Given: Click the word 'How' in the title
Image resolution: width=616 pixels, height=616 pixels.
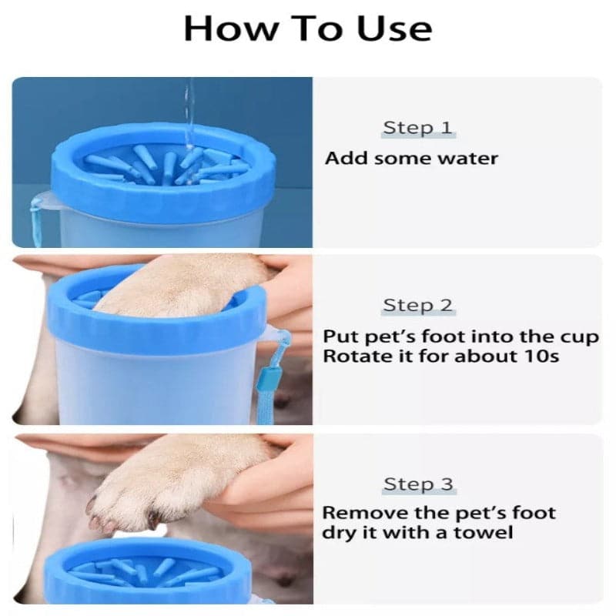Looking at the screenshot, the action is pos(230,28).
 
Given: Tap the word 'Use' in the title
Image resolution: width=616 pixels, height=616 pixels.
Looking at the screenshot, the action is pos(394,28).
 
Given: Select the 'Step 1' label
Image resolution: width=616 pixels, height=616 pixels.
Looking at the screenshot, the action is pos(417,128).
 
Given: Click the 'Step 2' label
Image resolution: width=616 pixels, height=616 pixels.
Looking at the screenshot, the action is pos(417,305).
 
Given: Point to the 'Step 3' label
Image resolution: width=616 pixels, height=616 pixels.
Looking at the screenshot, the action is pos(418,484).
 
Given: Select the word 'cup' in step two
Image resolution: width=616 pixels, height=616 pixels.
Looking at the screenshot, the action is pos(580,338).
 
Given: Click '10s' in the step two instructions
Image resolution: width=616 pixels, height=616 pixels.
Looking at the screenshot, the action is pos(541,357).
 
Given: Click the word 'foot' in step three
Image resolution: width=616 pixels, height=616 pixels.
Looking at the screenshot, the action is pos(534,513).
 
